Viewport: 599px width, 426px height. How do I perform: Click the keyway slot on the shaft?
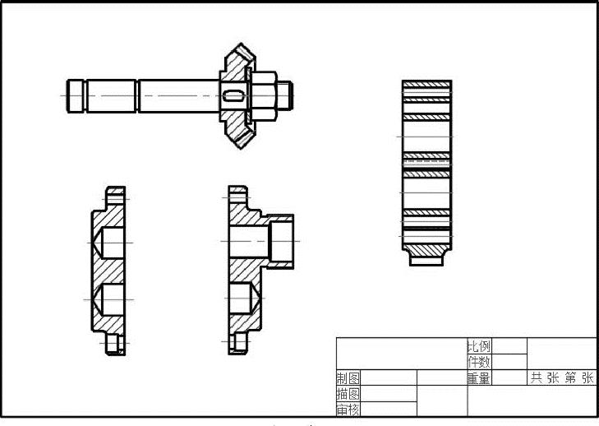[233, 95]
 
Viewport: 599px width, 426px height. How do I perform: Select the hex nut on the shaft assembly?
[264, 95]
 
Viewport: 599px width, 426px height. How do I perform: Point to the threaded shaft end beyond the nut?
[284, 95]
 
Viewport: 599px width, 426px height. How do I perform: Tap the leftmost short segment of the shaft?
[76, 96]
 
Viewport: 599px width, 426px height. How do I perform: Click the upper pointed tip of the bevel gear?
[241, 44]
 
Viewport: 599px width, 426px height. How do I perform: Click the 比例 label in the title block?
[479, 346]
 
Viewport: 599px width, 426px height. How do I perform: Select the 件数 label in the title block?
[479, 362]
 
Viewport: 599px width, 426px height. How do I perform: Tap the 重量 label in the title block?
[479, 378]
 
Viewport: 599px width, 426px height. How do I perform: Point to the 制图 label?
[348, 378]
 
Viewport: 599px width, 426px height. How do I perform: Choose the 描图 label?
[348, 393]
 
